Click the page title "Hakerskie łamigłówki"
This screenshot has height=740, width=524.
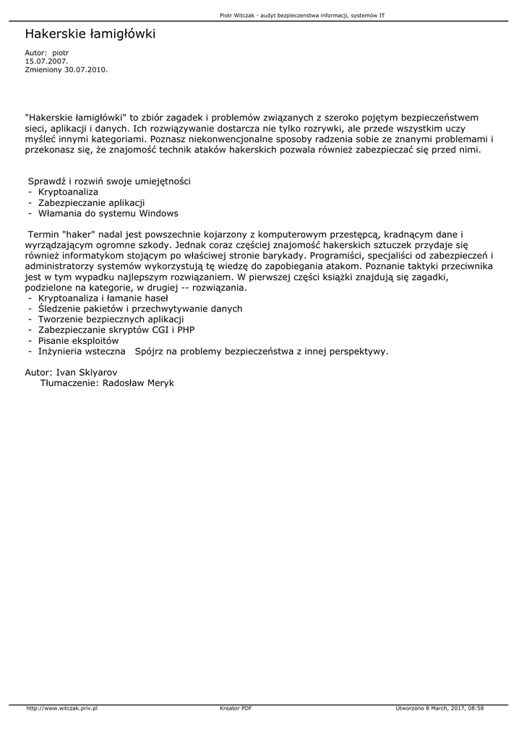coord(90,34)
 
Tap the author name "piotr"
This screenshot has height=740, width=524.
coord(60,53)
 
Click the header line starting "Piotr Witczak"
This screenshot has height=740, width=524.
coord(301,14)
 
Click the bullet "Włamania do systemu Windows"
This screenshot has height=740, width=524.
coord(108,213)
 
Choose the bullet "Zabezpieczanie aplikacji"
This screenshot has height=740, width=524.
coord(91,202)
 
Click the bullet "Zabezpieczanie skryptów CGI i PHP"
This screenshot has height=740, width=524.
coord(116,330)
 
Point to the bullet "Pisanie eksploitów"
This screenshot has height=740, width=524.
coord(78,341)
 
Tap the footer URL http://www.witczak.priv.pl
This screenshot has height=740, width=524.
coord(61,708)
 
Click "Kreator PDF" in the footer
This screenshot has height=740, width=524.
coord(236,708)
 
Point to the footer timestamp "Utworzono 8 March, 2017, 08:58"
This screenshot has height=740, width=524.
coord(439,708)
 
